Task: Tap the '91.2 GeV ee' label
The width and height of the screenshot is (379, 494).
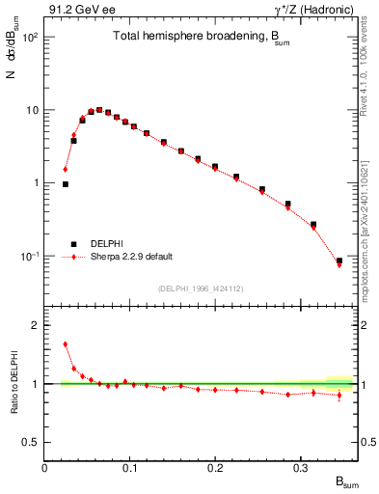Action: (x=74, y=10)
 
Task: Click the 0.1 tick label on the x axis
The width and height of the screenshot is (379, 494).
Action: (x=107, y=467)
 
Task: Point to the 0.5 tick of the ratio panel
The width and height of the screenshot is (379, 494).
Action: (x=33, y=442)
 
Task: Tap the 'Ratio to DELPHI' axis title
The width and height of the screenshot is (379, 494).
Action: (x=13, y=383)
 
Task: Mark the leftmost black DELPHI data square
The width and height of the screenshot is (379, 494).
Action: (x=66, y=183)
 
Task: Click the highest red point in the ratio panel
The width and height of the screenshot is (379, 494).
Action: (x=66, y=343)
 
